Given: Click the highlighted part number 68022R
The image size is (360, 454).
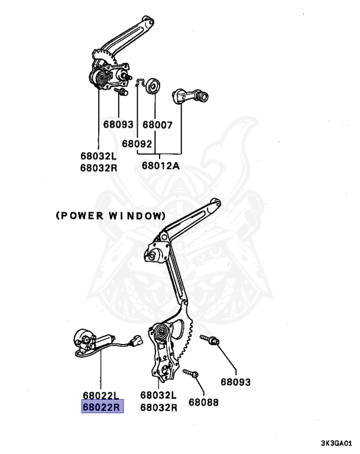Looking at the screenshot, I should [102, 407].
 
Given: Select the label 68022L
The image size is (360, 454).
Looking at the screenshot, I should [102, 395].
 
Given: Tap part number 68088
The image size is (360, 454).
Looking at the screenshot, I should [204, 402].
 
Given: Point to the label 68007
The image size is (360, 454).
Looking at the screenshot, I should [157, 125].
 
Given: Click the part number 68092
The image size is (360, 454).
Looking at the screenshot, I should [137, 143].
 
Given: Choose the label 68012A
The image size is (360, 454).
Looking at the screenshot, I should [160, 166].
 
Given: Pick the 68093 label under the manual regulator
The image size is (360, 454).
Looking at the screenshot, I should [118, 125].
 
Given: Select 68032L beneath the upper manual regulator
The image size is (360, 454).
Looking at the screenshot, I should [99, 156].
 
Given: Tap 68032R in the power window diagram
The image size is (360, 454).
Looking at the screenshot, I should [159, 407].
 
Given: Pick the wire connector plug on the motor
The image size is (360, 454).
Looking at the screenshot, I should [135, 341].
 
